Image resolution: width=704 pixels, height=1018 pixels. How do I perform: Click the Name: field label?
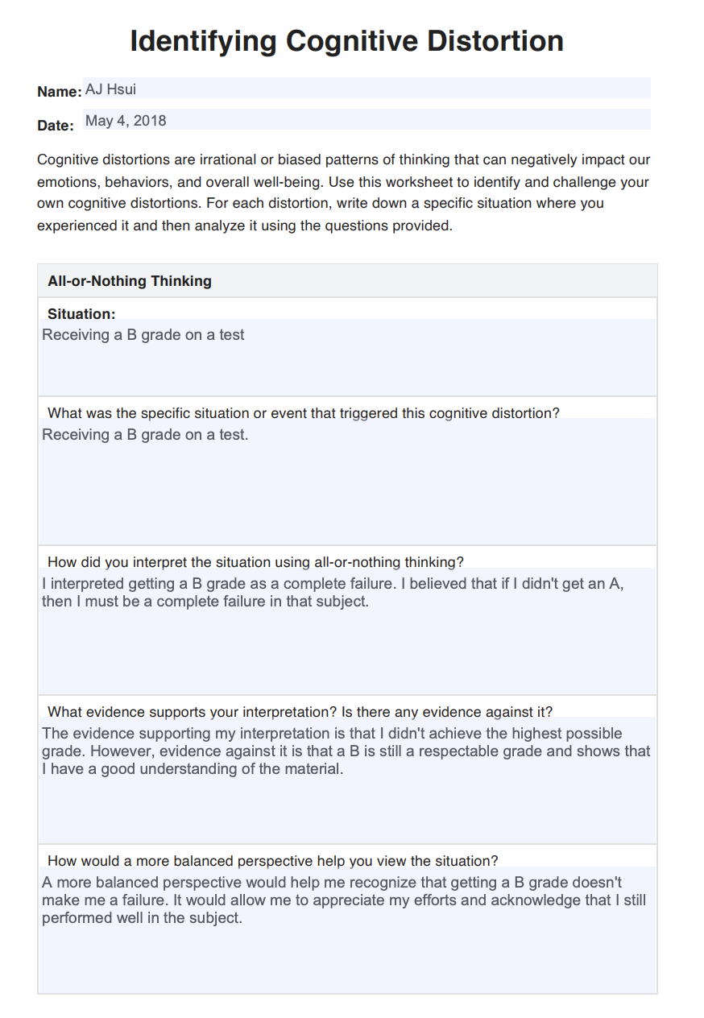(59, 92)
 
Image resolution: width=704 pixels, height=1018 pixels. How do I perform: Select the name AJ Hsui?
(110, 89)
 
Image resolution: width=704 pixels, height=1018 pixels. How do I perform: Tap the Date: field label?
(56, 126)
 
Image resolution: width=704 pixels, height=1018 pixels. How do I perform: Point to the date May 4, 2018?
(126, 121)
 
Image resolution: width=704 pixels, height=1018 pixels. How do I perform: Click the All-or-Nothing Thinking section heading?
(130, 281)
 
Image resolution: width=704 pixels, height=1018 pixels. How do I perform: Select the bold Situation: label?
(81, 314)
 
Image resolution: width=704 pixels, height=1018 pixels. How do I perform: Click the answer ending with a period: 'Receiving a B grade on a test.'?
(145, 435)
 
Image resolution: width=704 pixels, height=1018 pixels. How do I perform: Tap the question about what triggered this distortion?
(303, 413)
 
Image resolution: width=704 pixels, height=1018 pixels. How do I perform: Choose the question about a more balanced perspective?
(272, 861)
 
